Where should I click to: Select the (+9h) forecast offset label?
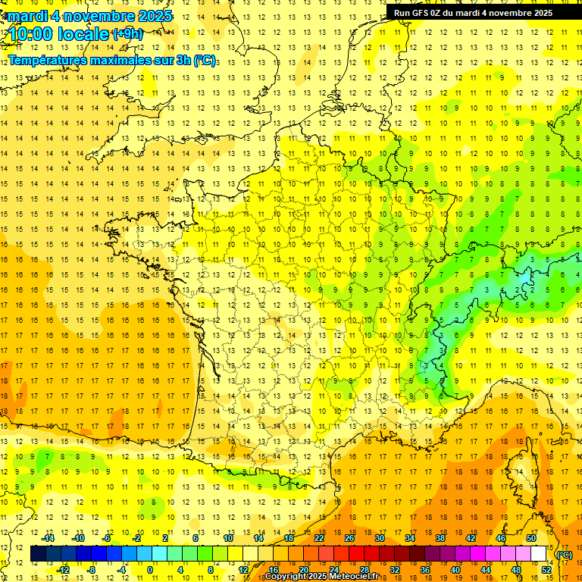(x=127, y=33)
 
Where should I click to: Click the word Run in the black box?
(x=402, y=13)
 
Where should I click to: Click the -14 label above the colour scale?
(x=49, y=538)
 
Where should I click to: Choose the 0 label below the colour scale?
(x=150, y=570)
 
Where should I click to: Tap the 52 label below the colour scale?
(x=546, y=570)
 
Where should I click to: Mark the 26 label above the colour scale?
(x=349, y=538)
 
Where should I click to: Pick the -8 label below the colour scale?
(x=90, y=570)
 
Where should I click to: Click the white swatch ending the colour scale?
(x=539, y=554)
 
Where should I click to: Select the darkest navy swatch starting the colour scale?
(x=38, y=554)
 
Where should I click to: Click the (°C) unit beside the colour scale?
(x=564, y=554)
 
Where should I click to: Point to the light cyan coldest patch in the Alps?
(x=524, y=287)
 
